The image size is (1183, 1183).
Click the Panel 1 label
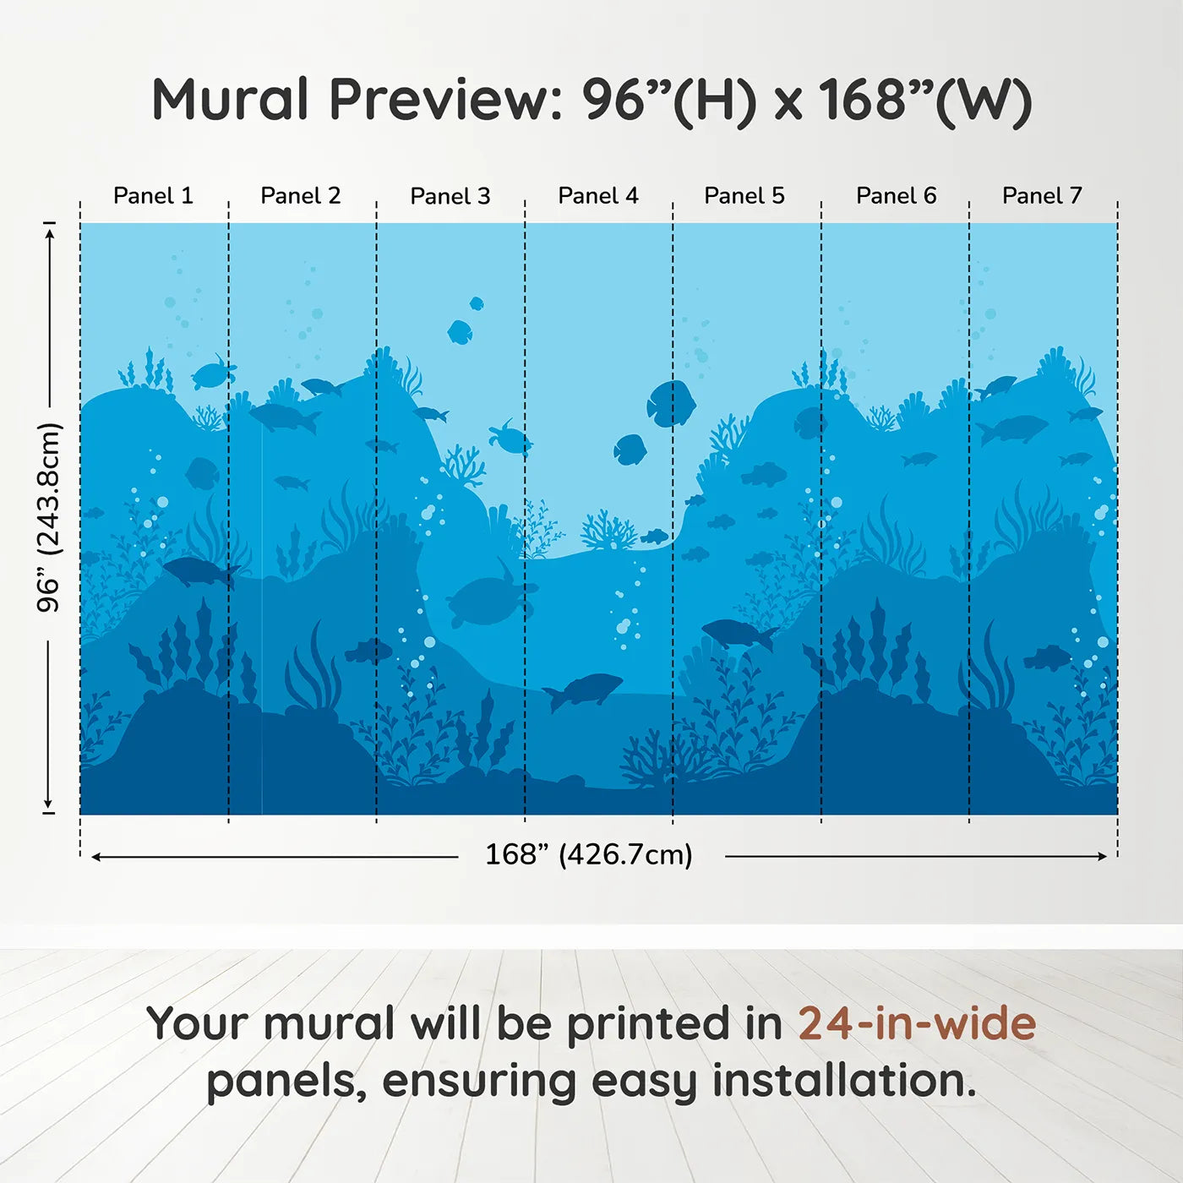[x=153, y=196]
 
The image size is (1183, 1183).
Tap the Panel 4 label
[x=597, y=196]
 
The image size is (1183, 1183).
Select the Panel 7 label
[x=1041, y=196]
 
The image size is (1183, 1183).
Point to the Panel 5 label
[x=744, y=196]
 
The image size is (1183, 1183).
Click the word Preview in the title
[x=445, y=100]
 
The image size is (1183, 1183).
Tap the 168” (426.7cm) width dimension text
[x=588, y=854]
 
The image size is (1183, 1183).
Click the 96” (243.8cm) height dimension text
[x=49, y=517]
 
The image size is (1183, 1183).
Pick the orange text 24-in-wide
[x=916, y=1023]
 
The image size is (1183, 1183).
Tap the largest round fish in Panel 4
[x=671, y=403]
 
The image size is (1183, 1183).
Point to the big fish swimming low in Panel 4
[x=585, y=690]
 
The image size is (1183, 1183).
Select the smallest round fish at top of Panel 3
[x=477, y=303]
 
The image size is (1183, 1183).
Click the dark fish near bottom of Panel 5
[x=739, y=633]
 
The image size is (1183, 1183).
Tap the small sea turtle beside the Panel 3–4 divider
[x=510, y=438]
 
